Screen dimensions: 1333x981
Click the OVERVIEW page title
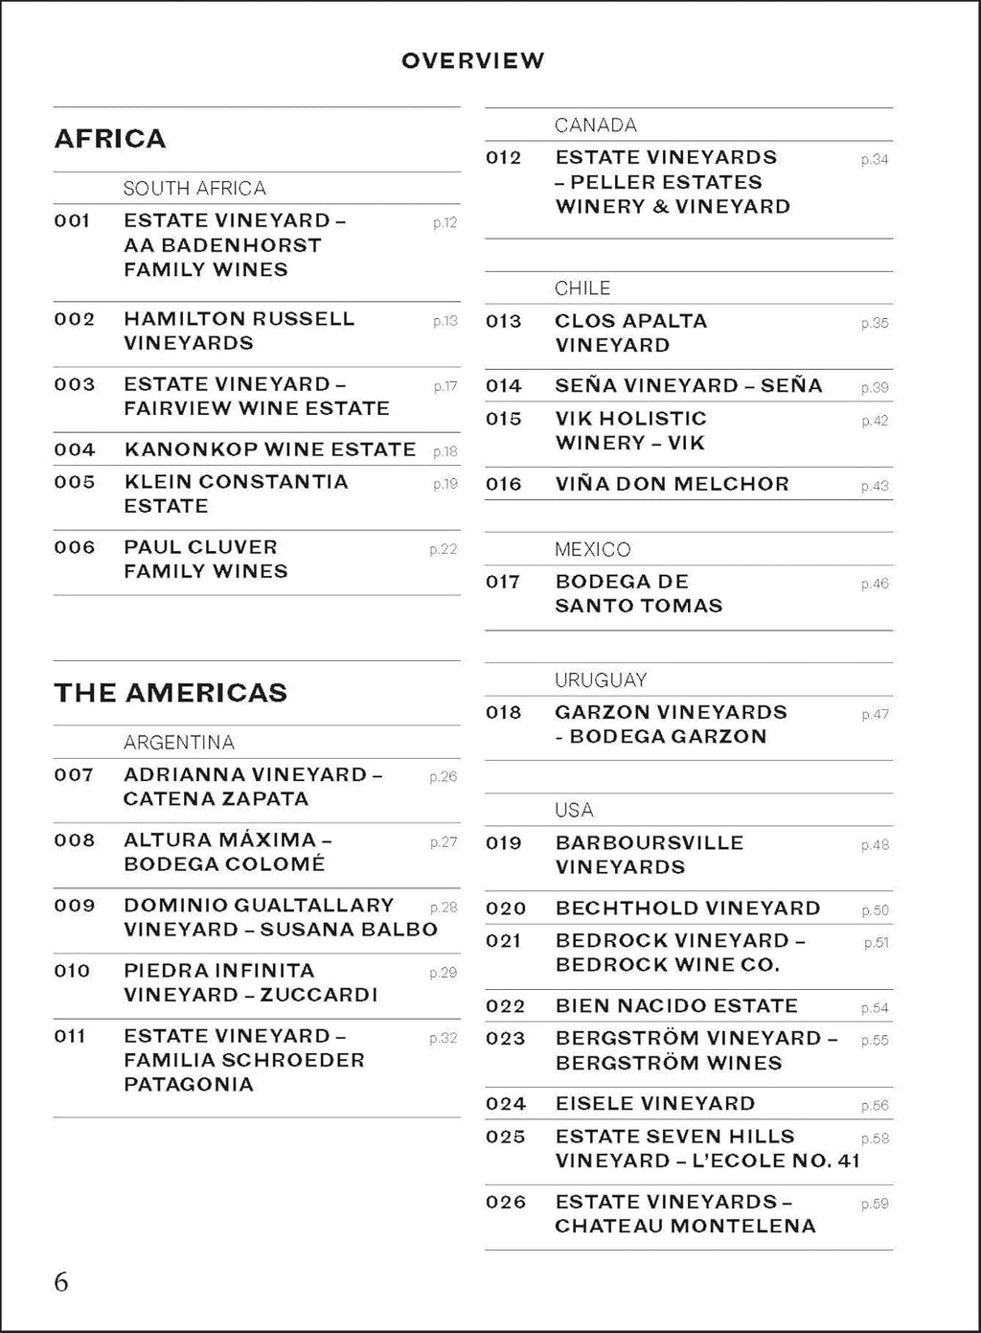(472, 60)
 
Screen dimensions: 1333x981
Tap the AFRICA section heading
(110, 139)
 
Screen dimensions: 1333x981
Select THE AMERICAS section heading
(171, 693)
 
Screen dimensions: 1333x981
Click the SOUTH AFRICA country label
(194, 189)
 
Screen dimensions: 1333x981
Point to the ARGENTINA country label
(179, 743)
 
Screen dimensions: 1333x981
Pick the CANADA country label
(595, 126)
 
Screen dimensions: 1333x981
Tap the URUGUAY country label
(601, 680)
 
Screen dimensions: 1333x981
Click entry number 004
(75, 449)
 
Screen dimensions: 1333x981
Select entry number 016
(504, 485)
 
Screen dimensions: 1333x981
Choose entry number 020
(506, 908)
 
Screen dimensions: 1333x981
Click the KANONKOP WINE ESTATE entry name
(270, 449)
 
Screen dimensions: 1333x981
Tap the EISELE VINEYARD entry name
(655, 1104)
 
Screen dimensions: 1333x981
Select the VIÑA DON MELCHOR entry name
(672, 485)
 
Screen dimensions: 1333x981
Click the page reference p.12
(445, 223)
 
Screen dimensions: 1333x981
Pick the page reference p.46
(875, 584)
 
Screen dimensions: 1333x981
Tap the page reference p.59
(875, 1204)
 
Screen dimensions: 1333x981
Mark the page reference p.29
(444, 973)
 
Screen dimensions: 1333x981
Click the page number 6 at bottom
(61, 1282)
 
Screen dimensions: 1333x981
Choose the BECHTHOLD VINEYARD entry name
(688, 908)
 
